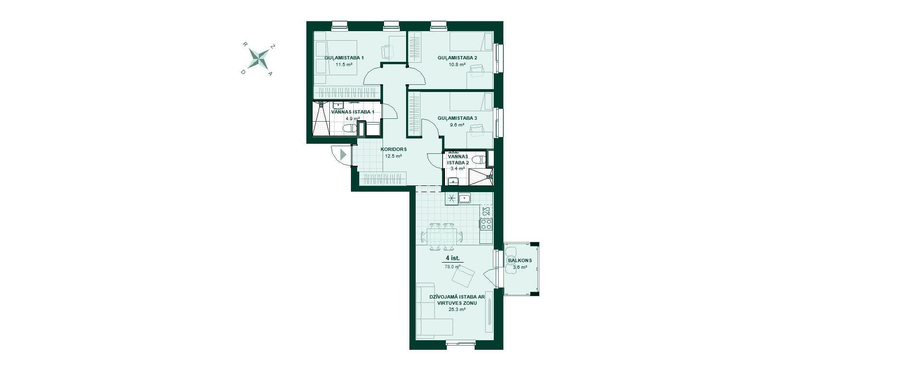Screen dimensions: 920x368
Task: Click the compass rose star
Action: tap(259, 59)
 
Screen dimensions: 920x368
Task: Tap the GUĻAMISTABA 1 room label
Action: tap(344, 58)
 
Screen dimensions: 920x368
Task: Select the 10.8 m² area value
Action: tap(457, 64)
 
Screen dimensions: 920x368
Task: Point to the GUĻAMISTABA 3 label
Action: tap(457, 118)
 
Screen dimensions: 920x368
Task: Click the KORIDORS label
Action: tap(394, 149)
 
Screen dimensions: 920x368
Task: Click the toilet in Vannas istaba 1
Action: tap(350, 128)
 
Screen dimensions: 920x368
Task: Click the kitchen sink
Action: tap(465, 198)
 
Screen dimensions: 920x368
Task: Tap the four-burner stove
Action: tap(486, 224)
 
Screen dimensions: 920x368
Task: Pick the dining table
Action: tap(442, 236)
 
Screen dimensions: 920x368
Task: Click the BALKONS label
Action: tap(520, 261)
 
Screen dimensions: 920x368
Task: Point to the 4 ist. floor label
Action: tap(453, 258)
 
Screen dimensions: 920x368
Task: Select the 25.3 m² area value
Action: tap(457, 310)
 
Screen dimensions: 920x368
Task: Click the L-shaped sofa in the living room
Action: tap(431, 311)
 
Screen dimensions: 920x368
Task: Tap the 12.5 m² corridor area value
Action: tap(393, 156)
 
